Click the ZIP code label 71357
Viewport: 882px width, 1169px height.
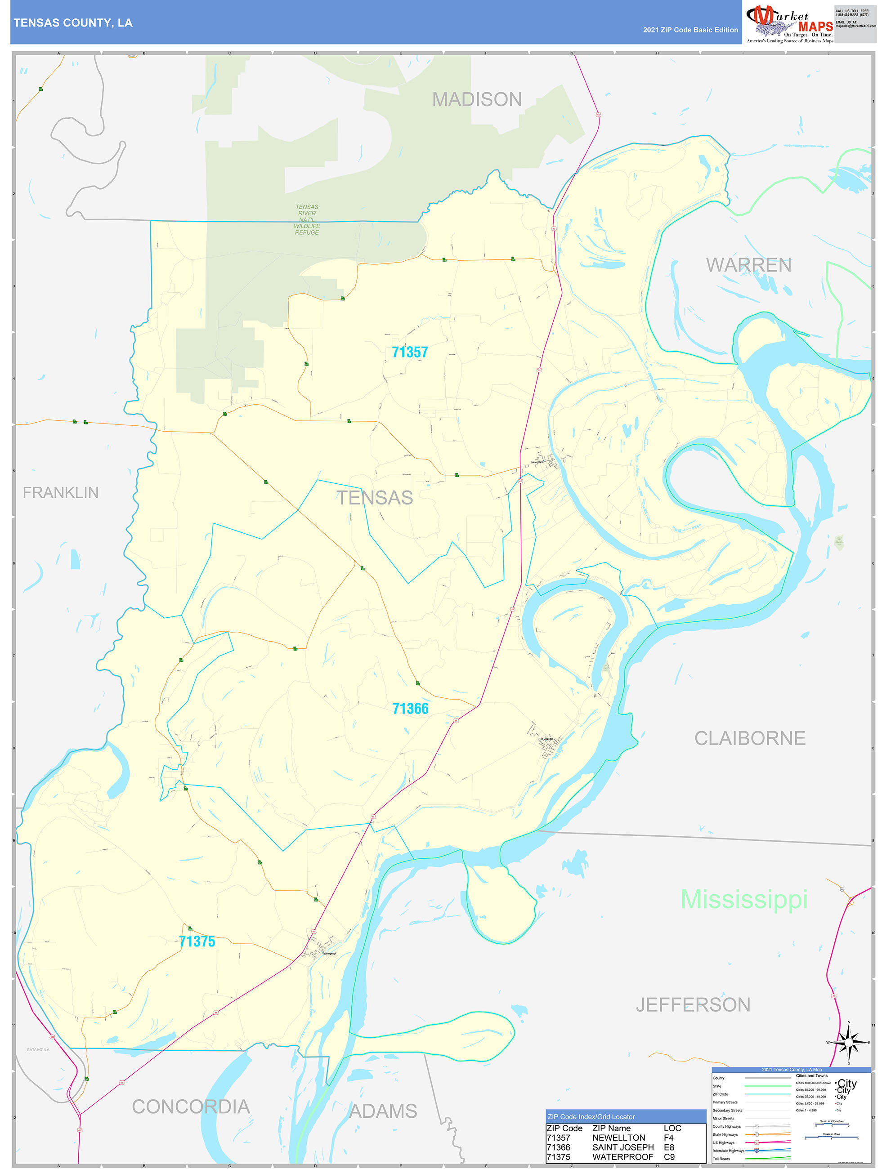point(409,352)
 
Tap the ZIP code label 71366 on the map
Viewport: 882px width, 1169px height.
point(410,709)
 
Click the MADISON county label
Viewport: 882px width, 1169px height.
point(476,99)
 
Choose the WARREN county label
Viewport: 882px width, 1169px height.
point(748,265)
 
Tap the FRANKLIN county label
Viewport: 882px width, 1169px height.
point(60,492)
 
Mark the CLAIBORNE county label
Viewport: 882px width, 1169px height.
point(749,738)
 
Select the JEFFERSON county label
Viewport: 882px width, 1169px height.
point(693,1004)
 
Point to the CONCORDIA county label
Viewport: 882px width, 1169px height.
point(190,1107)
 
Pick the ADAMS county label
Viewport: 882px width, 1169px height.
point(383,1111)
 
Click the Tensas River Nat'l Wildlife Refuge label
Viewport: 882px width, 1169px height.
point(307,219)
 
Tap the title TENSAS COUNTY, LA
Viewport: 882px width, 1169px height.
point(73,23)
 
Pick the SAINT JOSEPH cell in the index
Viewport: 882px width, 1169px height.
point(622,1147)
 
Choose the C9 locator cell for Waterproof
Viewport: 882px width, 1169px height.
point(669,1157)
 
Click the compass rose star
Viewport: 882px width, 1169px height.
point(848,1043)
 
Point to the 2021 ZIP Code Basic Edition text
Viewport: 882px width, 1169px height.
point(690,30)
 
